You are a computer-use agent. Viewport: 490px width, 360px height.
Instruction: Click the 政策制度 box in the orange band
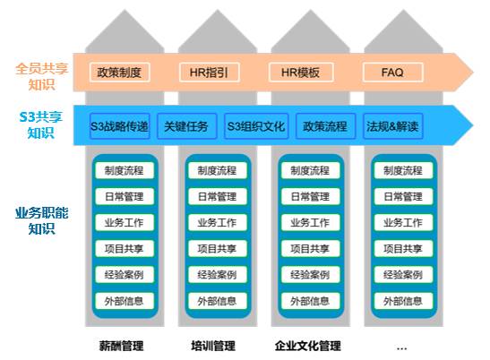point(120,73)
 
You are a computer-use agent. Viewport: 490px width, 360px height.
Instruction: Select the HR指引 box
point(210,73)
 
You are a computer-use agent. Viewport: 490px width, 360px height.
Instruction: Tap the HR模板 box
point(301,73)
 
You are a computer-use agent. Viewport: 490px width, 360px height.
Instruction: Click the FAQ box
point(393,73)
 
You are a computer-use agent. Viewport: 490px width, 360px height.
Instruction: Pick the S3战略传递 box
point(120,126)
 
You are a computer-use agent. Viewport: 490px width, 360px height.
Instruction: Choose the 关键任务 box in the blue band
point(187,126)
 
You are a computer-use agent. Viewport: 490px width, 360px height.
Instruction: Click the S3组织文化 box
point(256,126)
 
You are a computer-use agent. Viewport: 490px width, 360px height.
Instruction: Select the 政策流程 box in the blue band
point(325,126)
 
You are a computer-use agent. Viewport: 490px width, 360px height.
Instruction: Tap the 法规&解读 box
point(393,126)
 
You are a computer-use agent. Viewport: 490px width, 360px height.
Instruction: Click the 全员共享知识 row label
point(41,76)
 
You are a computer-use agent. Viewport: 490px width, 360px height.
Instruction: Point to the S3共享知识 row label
point(41,125)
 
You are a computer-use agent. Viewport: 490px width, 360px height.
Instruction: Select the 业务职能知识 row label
point(41,220)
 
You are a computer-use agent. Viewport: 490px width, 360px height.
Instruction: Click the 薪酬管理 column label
point(121,346)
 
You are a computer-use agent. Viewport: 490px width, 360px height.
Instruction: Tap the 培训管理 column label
point(213,346)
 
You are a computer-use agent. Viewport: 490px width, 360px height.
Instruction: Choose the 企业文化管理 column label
point(308,346)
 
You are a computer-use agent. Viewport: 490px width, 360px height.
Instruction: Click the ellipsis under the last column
point(401,348)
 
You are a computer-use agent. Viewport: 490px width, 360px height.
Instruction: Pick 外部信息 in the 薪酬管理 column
point(125,301)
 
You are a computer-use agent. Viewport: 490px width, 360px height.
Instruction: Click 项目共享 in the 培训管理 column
point(217,249)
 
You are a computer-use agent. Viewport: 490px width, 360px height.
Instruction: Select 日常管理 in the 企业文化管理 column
point(310,196)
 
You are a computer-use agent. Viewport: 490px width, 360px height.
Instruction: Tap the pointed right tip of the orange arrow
point(473,73)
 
